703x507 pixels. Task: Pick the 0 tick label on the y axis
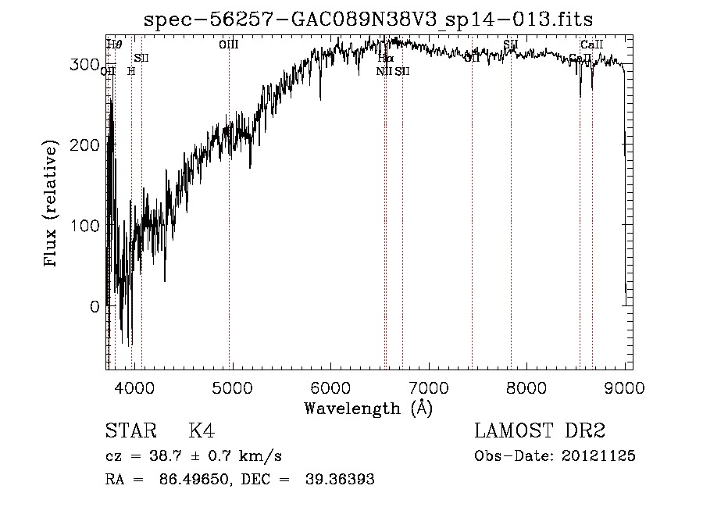[x=95, y=306]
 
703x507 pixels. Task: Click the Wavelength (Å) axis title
[x=368, y=408]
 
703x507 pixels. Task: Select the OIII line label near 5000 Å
[x=229, y=45]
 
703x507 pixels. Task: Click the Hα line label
[x=386, y=58]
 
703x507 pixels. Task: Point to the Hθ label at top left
[x=114, y=45]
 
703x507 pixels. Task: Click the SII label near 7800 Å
[x=511, y=45]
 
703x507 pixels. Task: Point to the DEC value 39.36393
[x=339, y=480]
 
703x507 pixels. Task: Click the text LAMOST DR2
[x=540, y=431]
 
